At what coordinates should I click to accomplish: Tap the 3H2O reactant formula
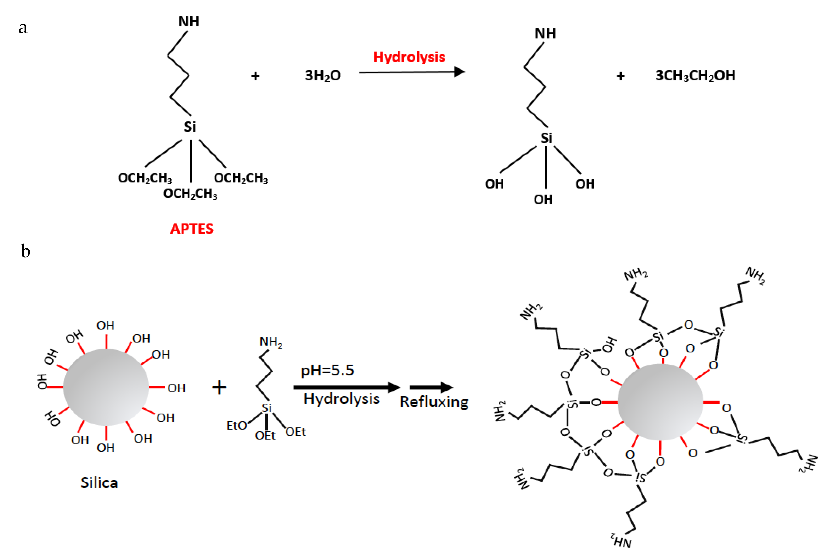pos(323,75)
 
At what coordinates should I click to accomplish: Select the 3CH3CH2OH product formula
pos(695,75)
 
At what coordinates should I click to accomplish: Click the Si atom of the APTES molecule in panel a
pos(190,127)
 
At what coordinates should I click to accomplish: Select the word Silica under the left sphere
pos(99,483)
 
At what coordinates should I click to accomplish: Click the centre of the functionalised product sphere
pos(660,402)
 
